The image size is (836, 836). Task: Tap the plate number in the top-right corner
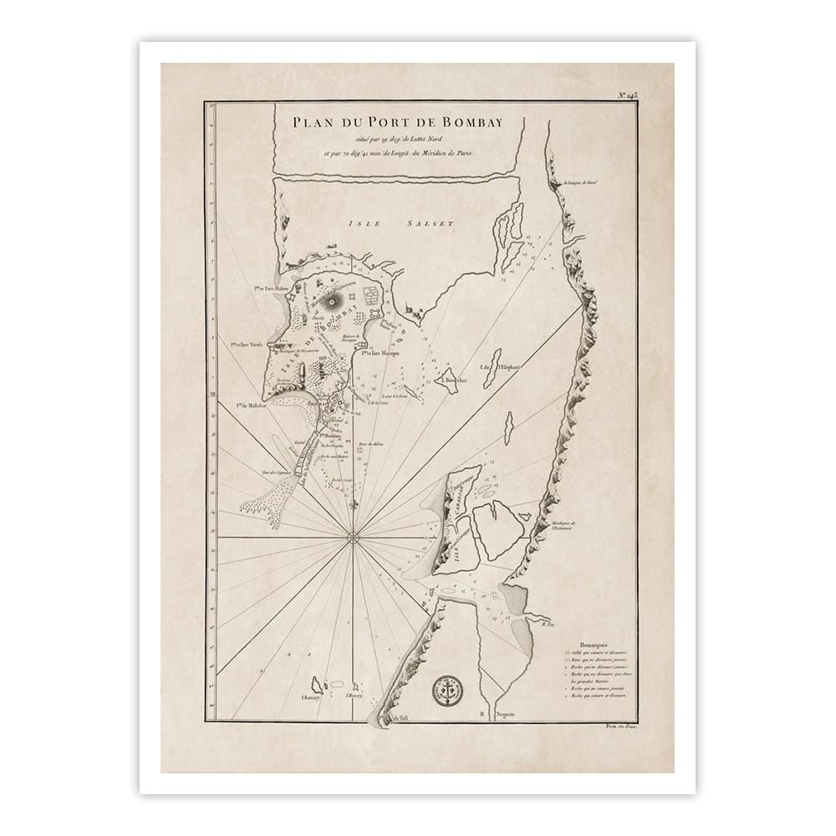651,96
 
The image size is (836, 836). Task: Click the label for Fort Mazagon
375,353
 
